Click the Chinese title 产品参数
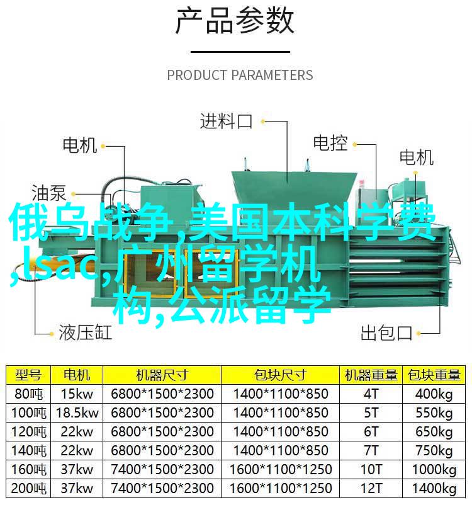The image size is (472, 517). [234, 22]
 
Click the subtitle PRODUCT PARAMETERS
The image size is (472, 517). [240, 75]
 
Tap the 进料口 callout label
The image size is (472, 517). [226, 122]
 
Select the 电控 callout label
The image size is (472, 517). [330, 144]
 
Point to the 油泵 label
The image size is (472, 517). [49, 193]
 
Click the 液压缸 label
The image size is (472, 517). [86, 332]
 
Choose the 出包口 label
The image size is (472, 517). [386, 333]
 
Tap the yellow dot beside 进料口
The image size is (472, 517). [262, 122]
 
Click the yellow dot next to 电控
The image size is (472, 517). [355, 144]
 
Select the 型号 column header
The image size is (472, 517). [28, 375]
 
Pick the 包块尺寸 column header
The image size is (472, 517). [280, 375]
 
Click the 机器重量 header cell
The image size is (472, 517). [371, 375]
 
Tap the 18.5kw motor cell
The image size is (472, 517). [77, 413]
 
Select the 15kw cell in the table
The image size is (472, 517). [77, 394]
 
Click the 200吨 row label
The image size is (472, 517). [28, 489]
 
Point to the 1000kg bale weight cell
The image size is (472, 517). [434, 470]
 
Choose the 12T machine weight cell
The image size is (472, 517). [371, 488]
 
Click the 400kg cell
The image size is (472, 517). [434, 394]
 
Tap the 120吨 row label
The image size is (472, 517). [28, 432]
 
